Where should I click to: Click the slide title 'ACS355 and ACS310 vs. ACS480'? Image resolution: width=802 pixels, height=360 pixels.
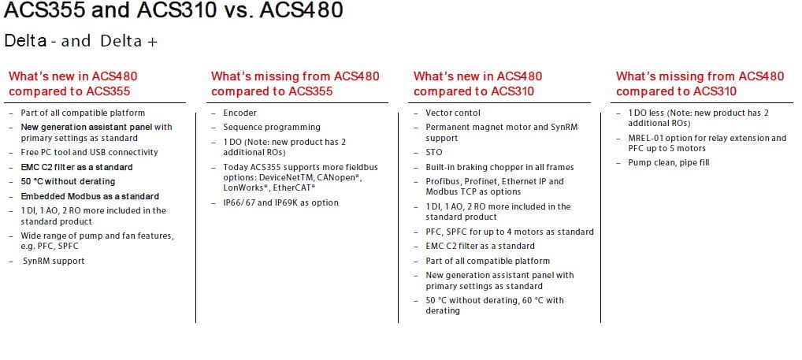pos(173,10)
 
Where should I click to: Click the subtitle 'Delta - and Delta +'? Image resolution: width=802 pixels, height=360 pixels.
pos(81,41)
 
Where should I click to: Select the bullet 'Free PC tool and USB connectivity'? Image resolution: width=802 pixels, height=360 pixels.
pos(90,152)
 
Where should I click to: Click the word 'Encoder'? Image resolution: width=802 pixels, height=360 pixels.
pos(239,113)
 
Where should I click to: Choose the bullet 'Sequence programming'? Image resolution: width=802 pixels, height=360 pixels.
pos(272,128)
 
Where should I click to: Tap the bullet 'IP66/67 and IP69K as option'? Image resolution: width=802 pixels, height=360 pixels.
pos(280,203)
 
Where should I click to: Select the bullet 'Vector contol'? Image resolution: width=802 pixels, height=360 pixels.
pos(453,113)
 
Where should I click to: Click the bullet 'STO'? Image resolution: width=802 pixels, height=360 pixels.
pos(434,152)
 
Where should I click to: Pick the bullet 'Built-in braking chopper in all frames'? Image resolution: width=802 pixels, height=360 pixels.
pos(499,167)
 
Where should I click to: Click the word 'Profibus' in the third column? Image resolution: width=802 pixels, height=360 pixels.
pos(443,181)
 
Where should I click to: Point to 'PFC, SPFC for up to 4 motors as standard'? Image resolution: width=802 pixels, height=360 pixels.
pos(510,232)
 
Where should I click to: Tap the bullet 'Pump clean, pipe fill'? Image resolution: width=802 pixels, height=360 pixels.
pos(669,163)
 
